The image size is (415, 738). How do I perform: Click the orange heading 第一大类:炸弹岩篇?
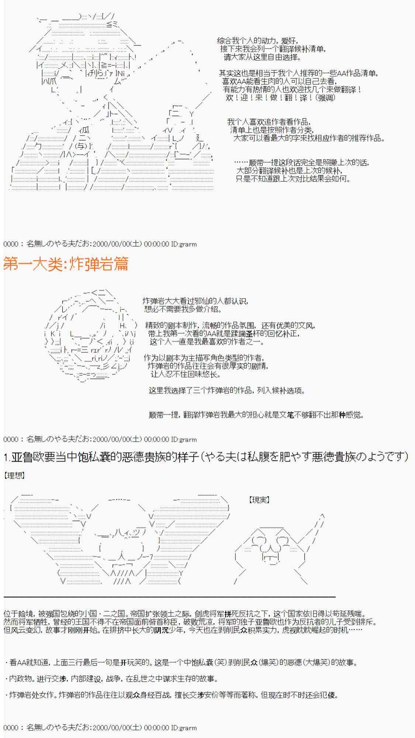(x=66, y=264)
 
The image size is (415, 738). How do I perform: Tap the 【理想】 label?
(x=14, y=475)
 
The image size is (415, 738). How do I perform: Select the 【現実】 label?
(x=259, y=500)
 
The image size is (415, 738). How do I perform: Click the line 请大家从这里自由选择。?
(x=263, y=57)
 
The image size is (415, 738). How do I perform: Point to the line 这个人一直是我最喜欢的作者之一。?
(x=207, y=342)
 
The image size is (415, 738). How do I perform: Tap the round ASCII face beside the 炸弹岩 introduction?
(x=90, y=336)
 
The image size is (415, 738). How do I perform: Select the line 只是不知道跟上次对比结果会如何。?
(x=293, y=179)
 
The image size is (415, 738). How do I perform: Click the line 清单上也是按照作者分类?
(x=272, y=130)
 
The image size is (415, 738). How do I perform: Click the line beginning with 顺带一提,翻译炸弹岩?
(x=256, y=415)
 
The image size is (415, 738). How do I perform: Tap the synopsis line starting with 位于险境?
(x=185, y=614)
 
